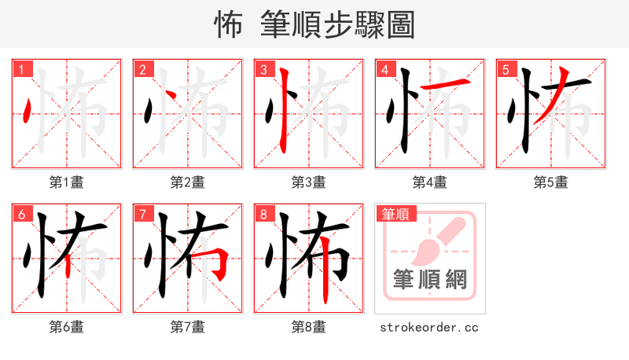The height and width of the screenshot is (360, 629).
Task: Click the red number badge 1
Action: (21, 70)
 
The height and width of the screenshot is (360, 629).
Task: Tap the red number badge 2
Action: (142, 70)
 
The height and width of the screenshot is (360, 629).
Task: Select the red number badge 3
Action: (263, 70)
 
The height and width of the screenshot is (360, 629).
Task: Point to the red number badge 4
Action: (384, 70)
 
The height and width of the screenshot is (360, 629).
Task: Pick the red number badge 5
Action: (506, 70)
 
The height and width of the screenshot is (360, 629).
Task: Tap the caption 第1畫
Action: (67, 182)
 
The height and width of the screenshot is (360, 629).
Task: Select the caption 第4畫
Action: (430, 182)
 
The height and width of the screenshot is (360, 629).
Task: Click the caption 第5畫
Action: (551, 182)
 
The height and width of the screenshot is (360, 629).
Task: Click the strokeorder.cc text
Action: (429, 327)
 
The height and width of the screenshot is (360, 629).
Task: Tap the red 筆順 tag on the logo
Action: (394, 214)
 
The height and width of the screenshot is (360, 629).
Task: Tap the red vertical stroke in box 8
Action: (324, 279)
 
